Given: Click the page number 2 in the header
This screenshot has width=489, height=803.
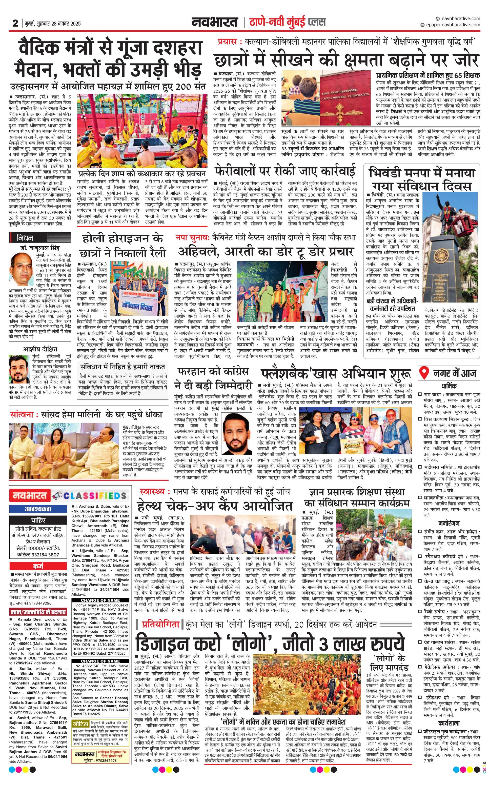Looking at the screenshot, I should point(15,23).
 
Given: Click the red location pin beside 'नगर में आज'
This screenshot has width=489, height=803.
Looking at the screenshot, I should point(423,372).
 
